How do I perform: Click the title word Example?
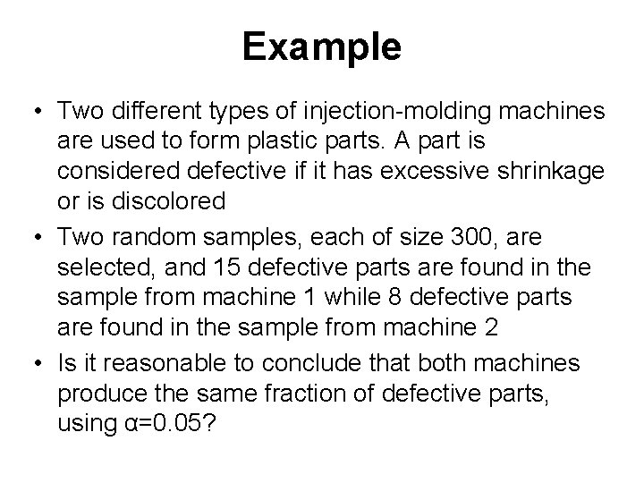(x=321, y=48)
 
